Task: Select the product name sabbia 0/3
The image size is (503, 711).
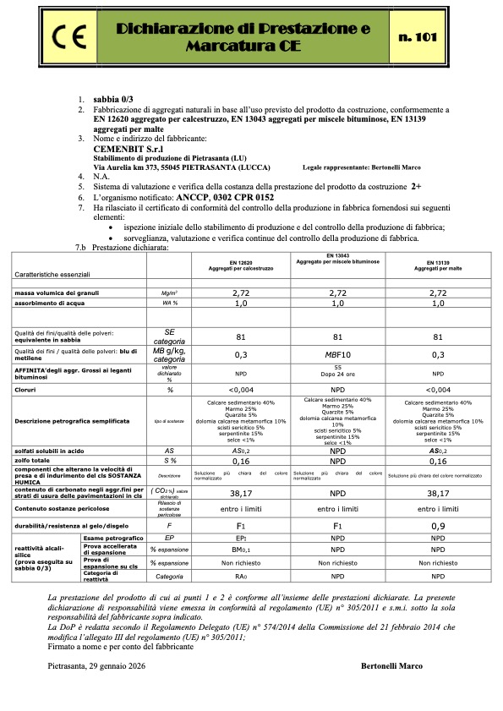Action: [x=112, y=99]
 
